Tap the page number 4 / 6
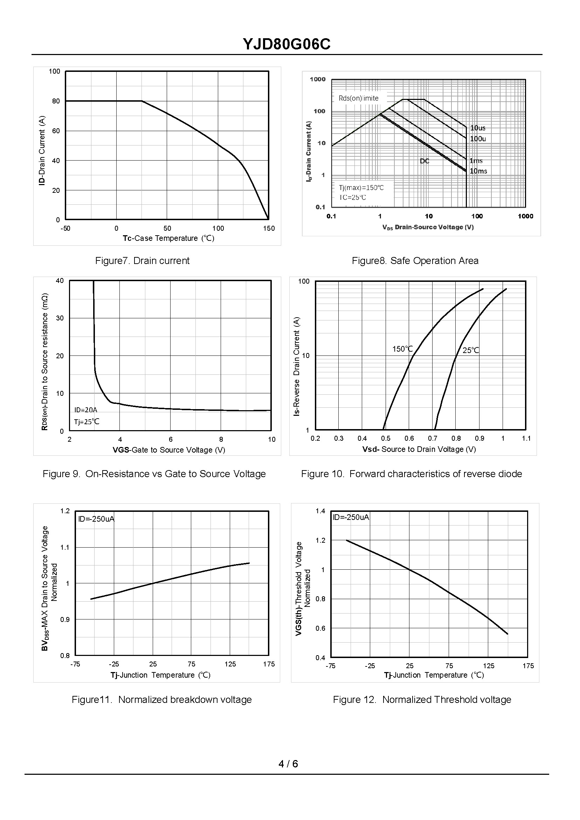click(288, 764)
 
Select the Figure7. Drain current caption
click(142, 261)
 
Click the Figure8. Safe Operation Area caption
click(415, 261)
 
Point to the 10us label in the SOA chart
click(477, 128)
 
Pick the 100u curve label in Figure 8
click(478, 139)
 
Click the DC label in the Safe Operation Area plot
click(424, 161)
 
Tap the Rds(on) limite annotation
click(358, 98)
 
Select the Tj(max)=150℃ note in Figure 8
click(361, 188)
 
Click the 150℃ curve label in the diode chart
click(402, 349)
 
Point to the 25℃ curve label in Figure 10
click(471, 350)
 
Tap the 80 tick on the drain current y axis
click(56, 101)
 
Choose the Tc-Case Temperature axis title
click(168, 238)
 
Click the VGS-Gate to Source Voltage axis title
click(169, 450)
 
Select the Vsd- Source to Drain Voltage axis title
click(419, 449)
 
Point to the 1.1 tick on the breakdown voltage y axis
click(65, 547)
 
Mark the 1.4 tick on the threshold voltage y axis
click(320, 511)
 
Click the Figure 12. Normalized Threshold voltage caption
click(422, 699)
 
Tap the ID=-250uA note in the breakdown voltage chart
click(96, 519)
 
